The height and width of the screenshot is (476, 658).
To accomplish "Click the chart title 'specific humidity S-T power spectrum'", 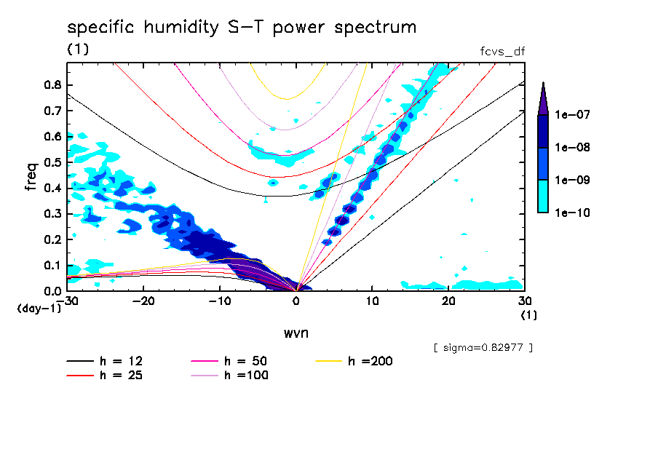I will point(242,28).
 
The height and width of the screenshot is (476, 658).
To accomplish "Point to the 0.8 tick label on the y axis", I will point(52,84).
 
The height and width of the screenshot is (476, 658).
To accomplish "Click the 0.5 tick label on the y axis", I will point(52,162).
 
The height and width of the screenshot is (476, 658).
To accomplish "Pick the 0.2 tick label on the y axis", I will point(52,239).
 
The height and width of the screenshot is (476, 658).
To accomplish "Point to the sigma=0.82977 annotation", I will point(483,347).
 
